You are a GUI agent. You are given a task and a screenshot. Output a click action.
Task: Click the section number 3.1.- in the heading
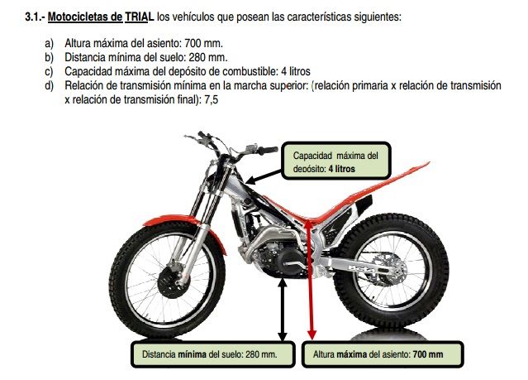coord(35,17)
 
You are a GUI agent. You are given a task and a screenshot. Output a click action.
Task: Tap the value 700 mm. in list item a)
coord(204,43)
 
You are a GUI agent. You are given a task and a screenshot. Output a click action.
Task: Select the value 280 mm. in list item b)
coord(207,57)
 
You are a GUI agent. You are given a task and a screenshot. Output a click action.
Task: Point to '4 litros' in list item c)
coord(295,71)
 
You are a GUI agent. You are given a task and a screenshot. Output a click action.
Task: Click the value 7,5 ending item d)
coord(212,99)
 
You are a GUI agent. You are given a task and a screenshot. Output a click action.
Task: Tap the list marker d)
coord(49,85)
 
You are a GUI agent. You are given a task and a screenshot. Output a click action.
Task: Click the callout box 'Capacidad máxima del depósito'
coord(335,161)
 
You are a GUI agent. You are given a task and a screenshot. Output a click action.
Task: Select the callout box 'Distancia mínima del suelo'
coord(213,354)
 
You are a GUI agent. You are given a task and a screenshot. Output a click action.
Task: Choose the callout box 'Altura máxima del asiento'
coord(383,354)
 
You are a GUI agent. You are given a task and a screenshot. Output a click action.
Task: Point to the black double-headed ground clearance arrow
coord(283,310)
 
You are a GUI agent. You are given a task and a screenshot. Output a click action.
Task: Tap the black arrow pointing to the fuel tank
coord(264,177)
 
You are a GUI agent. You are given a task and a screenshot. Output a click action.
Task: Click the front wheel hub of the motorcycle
coord(174,281)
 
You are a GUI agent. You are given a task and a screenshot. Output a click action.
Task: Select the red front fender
coord(182,225)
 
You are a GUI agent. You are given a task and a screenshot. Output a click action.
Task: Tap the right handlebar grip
coord(268,150)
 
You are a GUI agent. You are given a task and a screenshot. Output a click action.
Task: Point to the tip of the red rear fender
coord(429,163)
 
